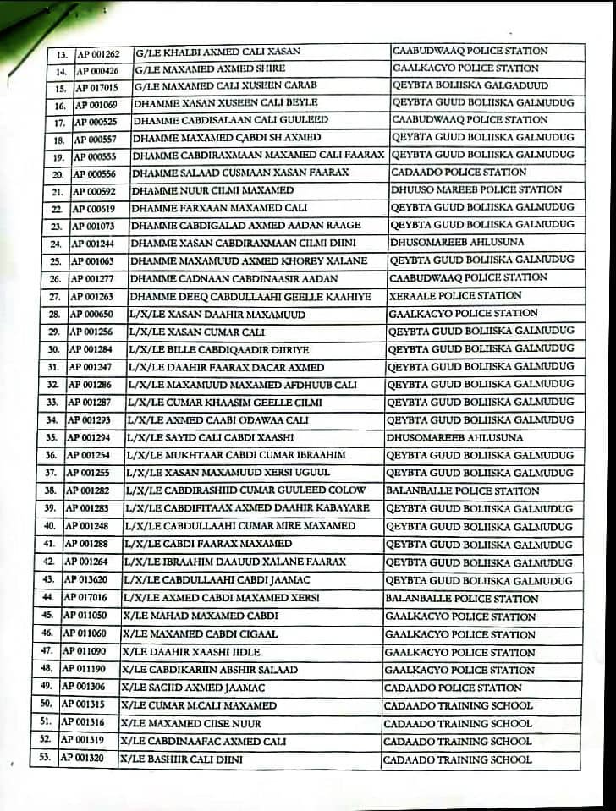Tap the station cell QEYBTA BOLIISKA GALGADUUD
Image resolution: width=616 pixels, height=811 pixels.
pos(470,85)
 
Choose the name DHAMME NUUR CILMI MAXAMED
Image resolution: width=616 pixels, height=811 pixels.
pos(212,190)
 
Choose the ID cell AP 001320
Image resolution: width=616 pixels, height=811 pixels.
pos(83,759)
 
